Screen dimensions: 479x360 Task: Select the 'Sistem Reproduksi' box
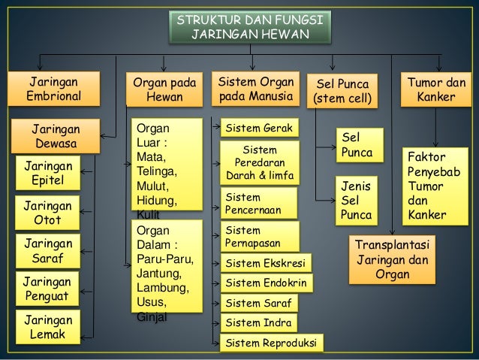271,343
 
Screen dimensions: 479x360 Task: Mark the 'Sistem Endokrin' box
267,283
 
